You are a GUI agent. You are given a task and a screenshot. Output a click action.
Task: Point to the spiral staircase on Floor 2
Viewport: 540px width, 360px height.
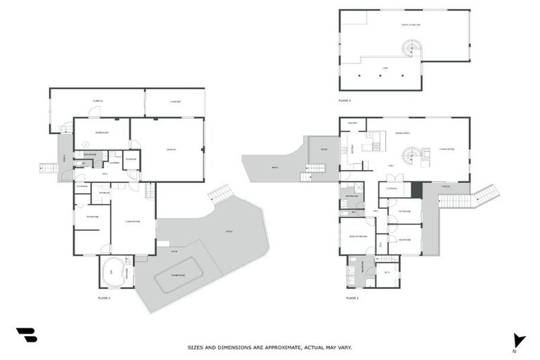click(x=409, y=155)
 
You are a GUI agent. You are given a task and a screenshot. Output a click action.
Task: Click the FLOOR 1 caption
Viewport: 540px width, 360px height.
click(x=105, y=298)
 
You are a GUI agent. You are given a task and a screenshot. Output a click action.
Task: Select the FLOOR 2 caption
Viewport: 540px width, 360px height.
click(x=352, y=298)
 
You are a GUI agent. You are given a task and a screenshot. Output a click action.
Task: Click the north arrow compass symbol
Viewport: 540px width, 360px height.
click(x=519, y=340)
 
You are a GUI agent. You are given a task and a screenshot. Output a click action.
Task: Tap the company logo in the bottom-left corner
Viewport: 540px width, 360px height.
click(x=26, y=335)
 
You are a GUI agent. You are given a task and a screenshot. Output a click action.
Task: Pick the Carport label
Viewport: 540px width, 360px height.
click(x=175, y=102)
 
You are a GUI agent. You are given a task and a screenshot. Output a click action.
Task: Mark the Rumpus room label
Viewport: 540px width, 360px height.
click(x=97, y=102)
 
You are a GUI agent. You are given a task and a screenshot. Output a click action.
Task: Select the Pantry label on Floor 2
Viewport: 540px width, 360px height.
click(x=353, y=124)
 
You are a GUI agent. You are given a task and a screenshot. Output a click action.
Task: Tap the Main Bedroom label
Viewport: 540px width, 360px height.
click(x=357, y=236)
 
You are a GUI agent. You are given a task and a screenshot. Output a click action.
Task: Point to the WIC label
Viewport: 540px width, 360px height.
click(x=386, y=273)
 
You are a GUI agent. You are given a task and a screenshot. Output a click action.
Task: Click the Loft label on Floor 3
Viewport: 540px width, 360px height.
click(x=385, y=67)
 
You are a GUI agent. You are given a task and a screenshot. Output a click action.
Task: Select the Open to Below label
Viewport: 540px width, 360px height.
click(x=410, y=25)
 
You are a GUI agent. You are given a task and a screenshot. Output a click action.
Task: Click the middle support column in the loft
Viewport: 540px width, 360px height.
click(x=380, y=75)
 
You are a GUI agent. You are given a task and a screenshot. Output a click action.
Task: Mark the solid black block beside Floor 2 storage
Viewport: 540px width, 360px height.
click(x=417, y=189)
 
